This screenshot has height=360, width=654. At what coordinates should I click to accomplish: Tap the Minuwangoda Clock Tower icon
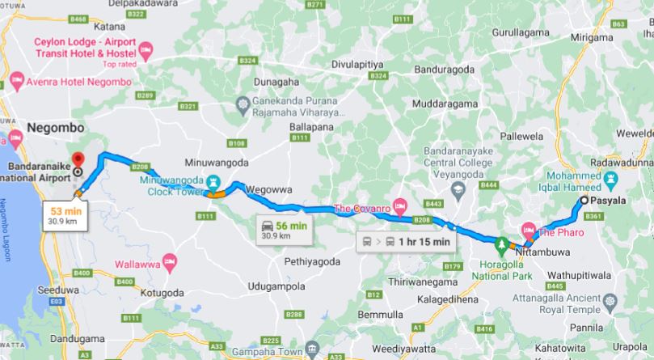pyautogui.click(x=212, y=180)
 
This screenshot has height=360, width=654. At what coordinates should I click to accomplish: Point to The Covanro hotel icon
pyautogui.click(x=398, y=202)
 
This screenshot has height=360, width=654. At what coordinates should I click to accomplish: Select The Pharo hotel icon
pyautogui.click(x=529, y=230)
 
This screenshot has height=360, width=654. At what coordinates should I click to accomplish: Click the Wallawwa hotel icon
pyautogui.click(x=169, y=260)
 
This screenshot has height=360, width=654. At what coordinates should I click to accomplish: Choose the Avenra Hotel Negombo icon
pyautogui.click(x=18, y=79)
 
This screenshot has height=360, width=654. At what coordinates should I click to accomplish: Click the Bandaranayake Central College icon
pyautogui.click(x=458, y=188)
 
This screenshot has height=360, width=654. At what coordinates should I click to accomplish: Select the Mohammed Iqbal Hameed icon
pyautogui.click(x=611, y=177)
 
